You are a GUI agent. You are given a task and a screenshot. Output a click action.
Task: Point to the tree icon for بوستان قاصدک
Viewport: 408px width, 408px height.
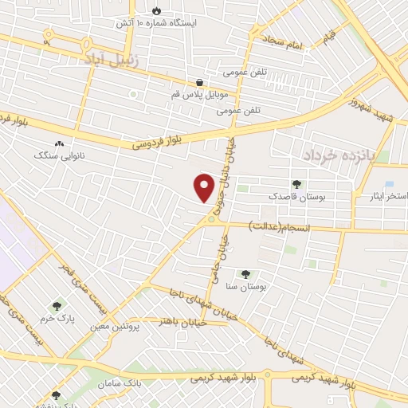296,184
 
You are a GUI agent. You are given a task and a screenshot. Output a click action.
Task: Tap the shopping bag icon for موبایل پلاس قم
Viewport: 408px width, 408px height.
198,82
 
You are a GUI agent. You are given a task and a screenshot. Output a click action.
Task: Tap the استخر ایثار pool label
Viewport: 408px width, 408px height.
389,195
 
